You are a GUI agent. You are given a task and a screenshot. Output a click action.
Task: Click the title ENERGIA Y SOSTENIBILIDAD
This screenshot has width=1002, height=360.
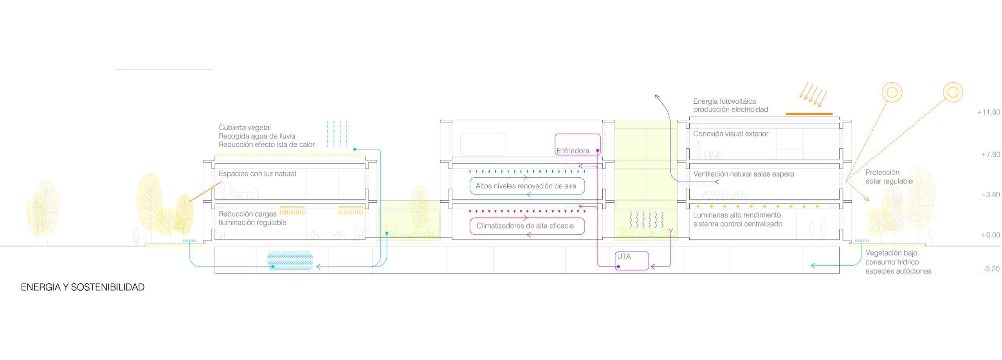(x=83, y=287)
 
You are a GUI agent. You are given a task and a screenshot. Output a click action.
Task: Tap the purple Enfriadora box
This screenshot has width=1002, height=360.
(x=577, y=144)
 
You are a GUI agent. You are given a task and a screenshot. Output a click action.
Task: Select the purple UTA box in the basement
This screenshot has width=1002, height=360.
(x=632, y=261)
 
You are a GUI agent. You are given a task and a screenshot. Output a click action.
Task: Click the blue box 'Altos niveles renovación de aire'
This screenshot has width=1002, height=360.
(x=527, y=186)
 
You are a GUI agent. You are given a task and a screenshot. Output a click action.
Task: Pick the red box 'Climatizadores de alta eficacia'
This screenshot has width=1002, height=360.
(x=527, y=226)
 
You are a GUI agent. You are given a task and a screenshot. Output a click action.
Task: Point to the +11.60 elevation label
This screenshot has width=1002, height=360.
(x=988, y=112)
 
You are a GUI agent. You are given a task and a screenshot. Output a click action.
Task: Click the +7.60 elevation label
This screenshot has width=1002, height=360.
(x=990, y=155)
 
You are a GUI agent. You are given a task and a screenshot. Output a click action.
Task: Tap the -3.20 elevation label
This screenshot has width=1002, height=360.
(x=991, y=269)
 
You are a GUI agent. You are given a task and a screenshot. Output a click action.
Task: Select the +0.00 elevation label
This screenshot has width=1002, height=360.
(x=990, y=235)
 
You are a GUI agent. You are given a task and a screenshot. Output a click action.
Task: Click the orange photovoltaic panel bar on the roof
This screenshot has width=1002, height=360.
(x=809, y=114)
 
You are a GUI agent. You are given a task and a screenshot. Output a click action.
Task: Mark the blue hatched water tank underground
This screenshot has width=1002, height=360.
(x=290, y=261)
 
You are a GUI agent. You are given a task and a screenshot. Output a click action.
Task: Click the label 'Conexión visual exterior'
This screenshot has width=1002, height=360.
(x=730, y=134)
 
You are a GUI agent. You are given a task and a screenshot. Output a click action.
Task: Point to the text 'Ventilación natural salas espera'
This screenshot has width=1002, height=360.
(x=743, y=174)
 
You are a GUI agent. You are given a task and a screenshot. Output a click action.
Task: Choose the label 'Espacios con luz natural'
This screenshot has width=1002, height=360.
(x=257, y=174)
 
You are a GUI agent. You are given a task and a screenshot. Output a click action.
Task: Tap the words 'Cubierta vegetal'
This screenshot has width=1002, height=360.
(x=245, y=128)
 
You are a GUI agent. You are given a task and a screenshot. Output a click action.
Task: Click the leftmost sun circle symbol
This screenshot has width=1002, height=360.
(x=892, y=92)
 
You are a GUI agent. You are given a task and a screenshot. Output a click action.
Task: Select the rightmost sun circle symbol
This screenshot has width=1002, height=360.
(x=953, y=92)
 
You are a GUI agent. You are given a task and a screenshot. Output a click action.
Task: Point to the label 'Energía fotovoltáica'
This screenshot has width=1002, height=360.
(x=724, y=101)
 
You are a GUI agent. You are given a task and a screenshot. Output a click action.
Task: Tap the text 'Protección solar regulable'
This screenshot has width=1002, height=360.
(x=888, y=177)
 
